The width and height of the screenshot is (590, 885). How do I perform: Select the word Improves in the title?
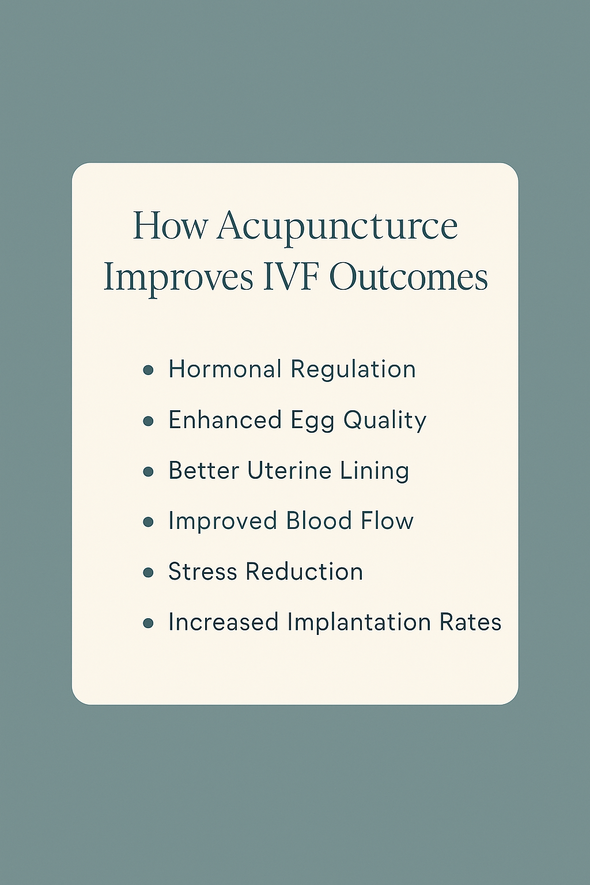point(178,277)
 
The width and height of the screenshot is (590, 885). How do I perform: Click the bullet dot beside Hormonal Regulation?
point(148,370)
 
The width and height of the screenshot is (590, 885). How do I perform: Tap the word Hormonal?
point(225,369)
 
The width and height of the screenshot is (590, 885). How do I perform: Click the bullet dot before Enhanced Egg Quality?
point(148,421)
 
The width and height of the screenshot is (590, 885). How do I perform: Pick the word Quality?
point(385,421)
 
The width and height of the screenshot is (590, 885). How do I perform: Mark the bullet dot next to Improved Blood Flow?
point(148,522)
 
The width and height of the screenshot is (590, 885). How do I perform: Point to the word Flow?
point(387,521)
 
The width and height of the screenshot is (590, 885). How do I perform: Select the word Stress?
point(202,572)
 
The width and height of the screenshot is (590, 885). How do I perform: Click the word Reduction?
point(304,572)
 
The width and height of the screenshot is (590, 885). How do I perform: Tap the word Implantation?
point(358,623)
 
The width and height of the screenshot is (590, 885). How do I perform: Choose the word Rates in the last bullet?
point(470,622)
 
